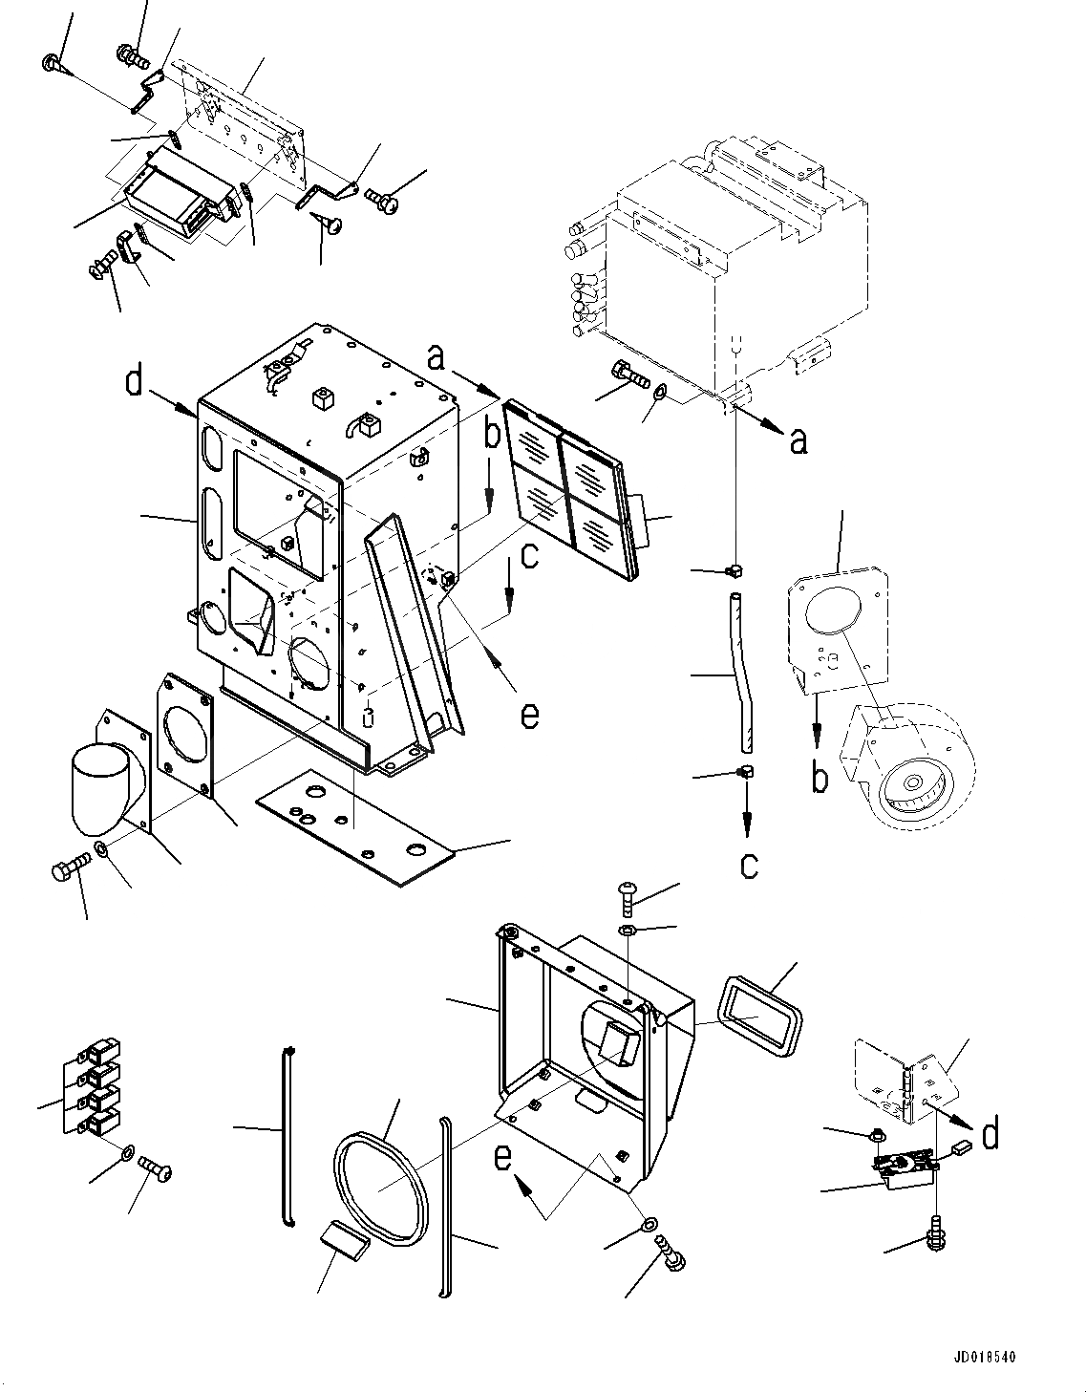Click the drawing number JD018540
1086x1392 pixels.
coord(983,1357)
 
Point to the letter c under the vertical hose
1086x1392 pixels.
coord(749,864)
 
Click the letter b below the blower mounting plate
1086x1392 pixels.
coord(820,778)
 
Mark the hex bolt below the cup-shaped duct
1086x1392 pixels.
coord(69,869)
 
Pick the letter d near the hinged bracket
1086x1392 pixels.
coord(990,1133)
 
